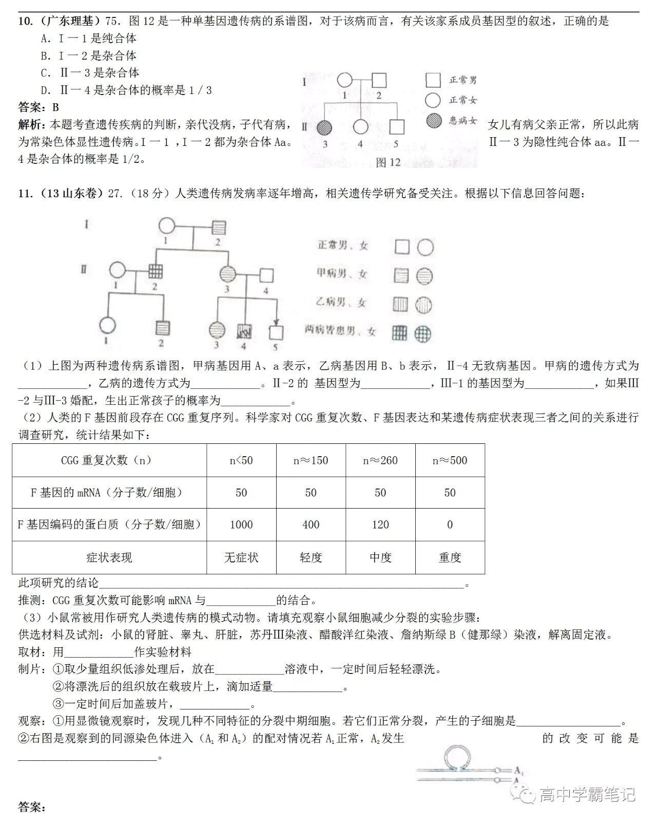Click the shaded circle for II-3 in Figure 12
(x=324, y=127)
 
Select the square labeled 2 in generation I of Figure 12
(x=379, y=81)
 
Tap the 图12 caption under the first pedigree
(x=388, y=162)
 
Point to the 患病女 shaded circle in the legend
(x=434, y=120)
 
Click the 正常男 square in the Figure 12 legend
(x=433, y=80)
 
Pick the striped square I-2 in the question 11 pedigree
(x=219, y=227)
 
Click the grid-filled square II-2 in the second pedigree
(x=155, y=270)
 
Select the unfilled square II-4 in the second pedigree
(x=265, y=276)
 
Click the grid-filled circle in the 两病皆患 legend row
(x=423, y=332)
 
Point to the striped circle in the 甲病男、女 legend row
(x=424, y=276)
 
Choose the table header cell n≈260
(x=380, y=460)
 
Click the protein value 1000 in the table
(x=241, y=525)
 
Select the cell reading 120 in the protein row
(x=380, y=525)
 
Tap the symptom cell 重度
(x=450, y=557)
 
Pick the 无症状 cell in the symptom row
(x=241, y=557)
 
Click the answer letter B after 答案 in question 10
(x=55, y=107)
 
